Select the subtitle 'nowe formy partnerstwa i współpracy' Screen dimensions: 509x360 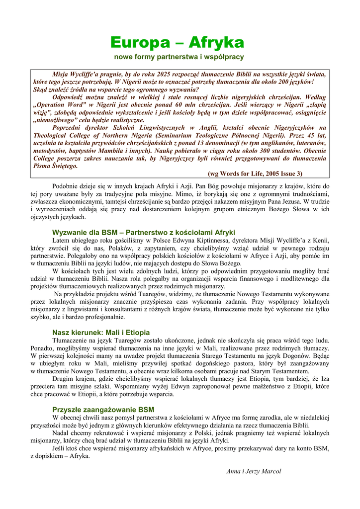179,57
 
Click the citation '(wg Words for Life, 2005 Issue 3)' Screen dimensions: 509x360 255,173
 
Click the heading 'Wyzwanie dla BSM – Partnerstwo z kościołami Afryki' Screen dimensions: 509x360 144,233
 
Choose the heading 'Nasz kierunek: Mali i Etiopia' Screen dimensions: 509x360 101,332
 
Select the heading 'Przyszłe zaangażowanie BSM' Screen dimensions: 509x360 103,410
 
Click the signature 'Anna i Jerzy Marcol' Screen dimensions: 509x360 254,471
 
